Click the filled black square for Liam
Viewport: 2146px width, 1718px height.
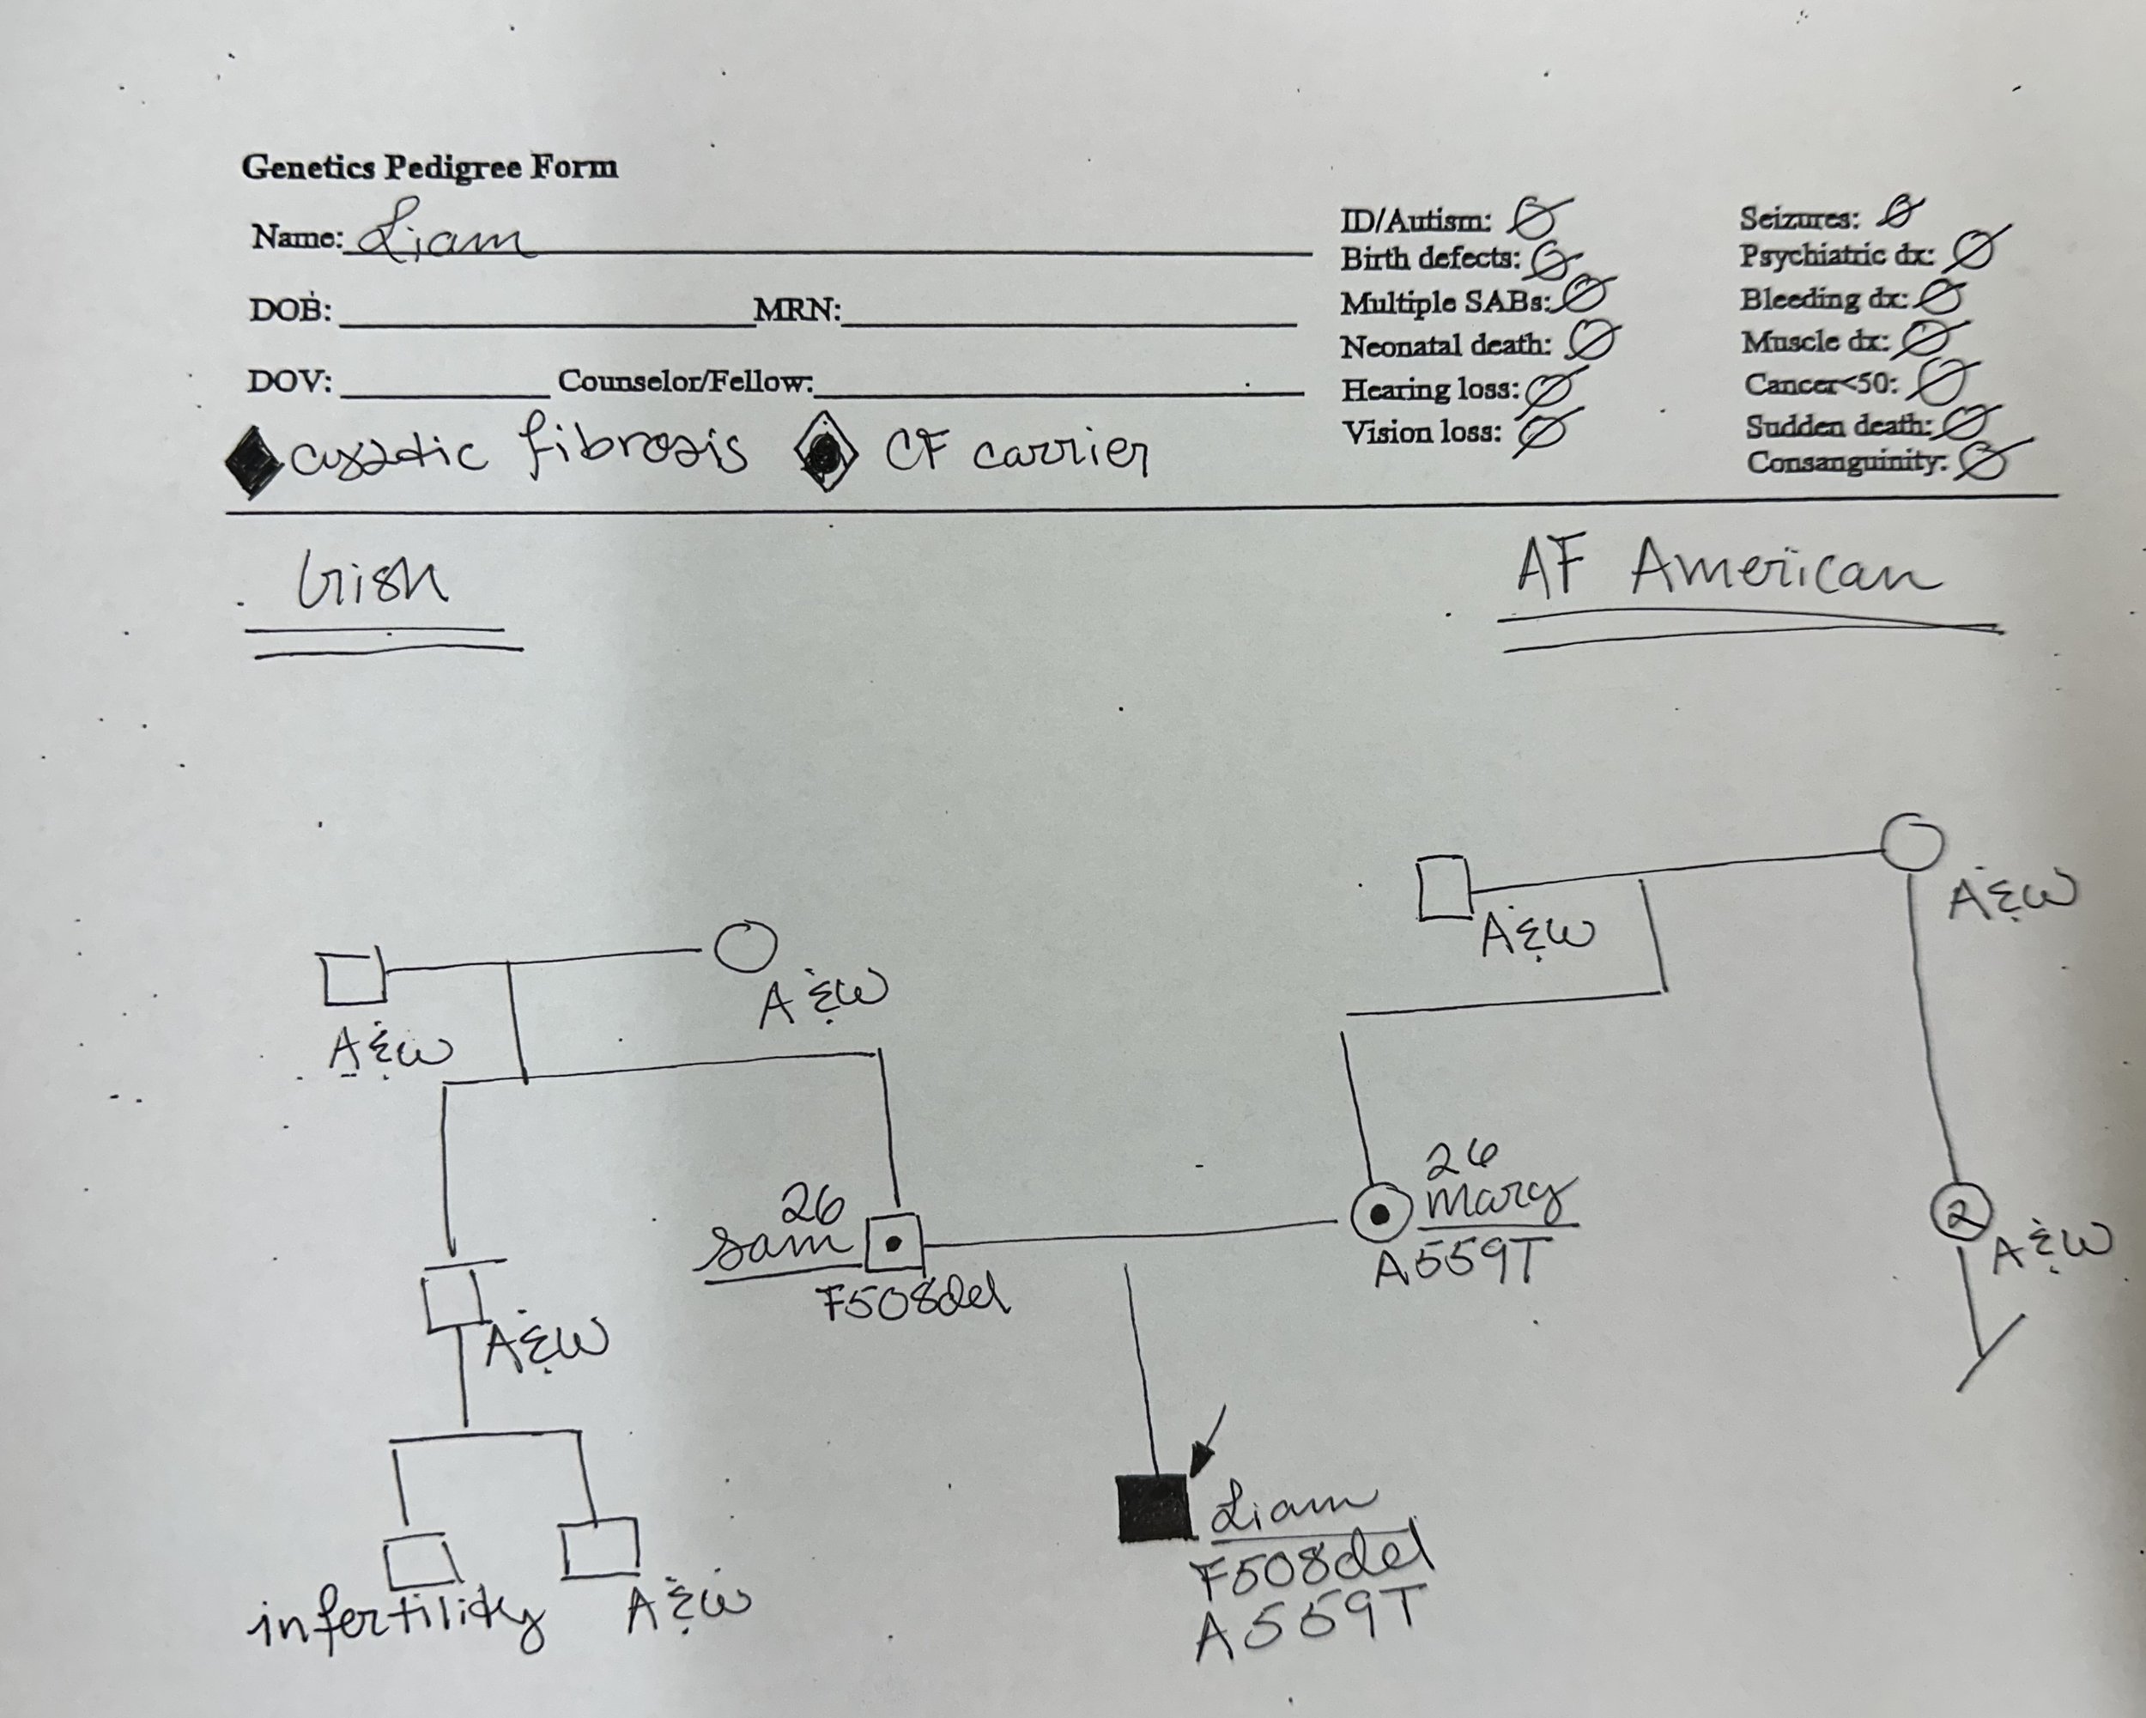[x=1153, y=1508]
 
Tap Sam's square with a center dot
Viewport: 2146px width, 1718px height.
[x=893, y=1243]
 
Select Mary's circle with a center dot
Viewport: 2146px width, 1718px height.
[x=1380, y=1214]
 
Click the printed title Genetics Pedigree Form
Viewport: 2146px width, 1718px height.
[x=429, y=167]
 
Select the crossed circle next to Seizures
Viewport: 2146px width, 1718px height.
[x=1899, y=212]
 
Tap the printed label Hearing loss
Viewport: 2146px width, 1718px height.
[x=1429, y=389]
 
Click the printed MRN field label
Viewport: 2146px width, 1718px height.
[x=797, y=310]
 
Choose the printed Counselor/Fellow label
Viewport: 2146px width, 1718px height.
[x=685, y=381]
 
